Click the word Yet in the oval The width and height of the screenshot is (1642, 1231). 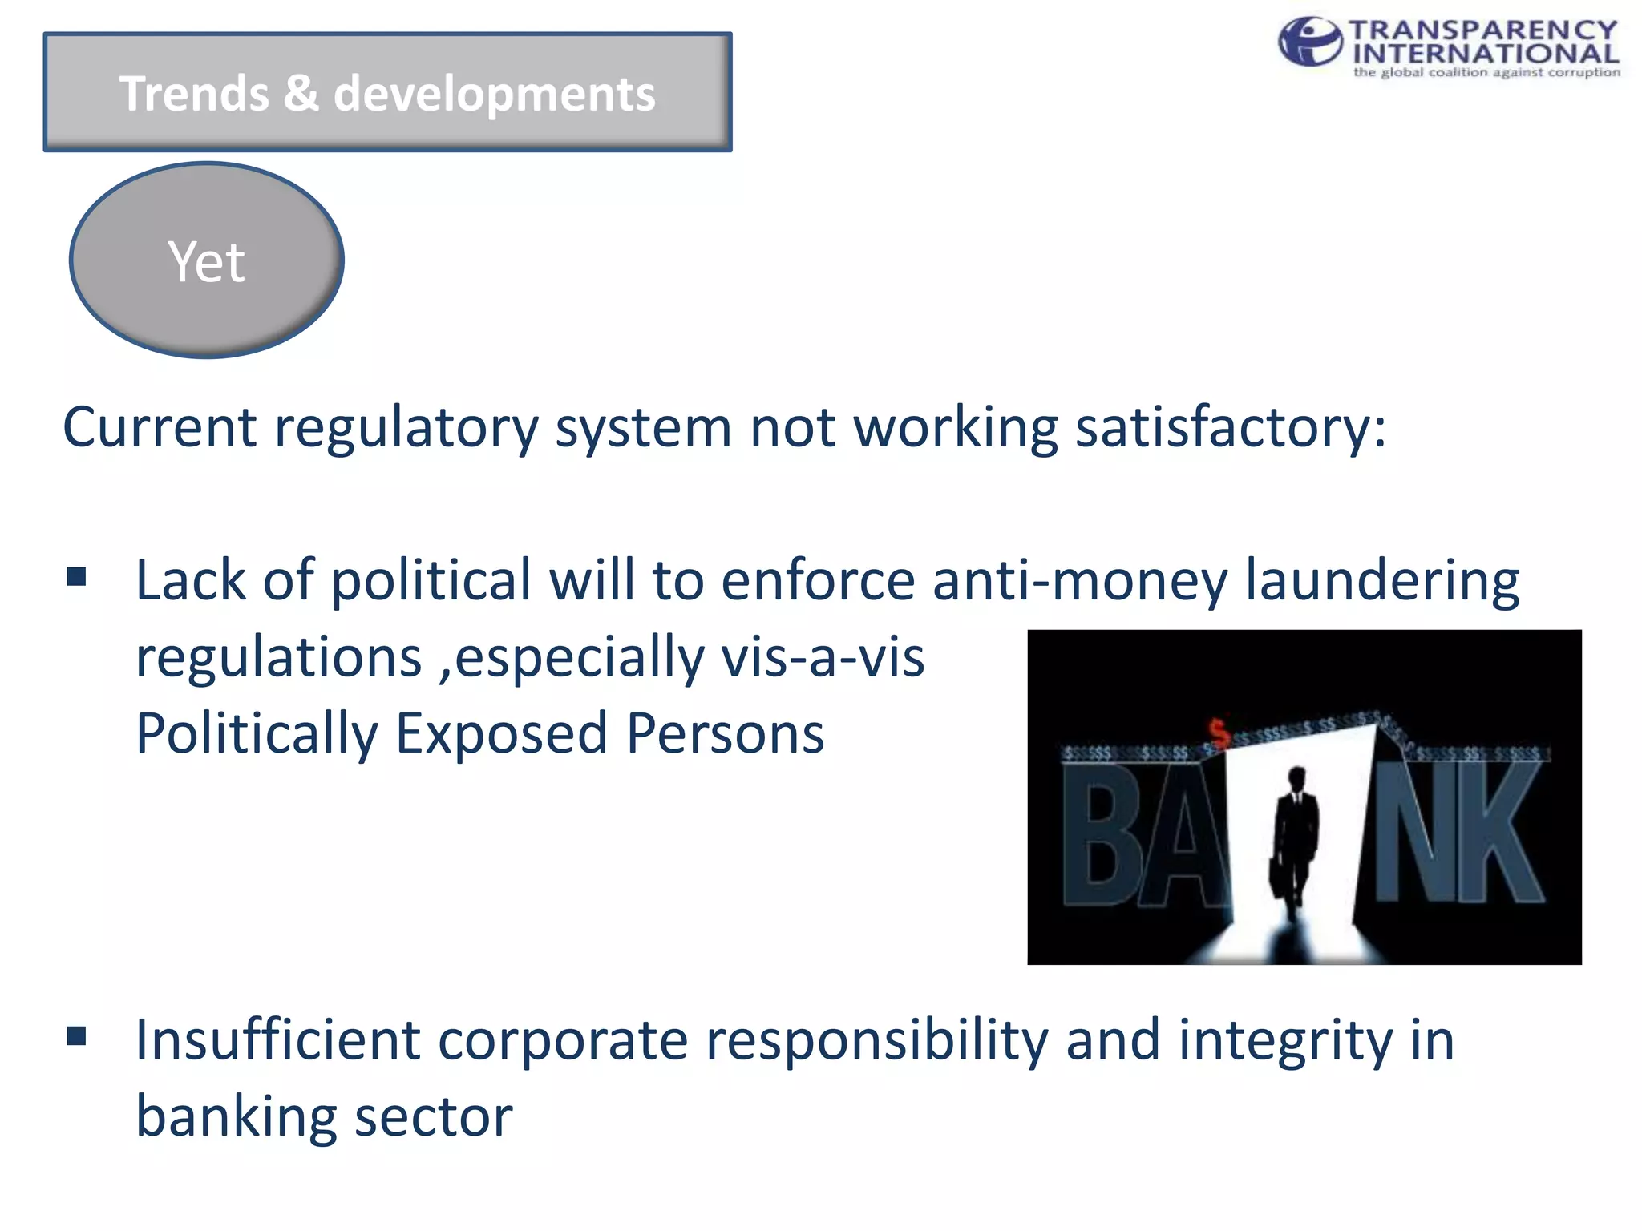[x=206, y=262]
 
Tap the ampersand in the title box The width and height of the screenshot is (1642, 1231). [x=301, y=93]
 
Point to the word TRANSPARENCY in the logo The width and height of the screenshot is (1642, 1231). [x=1483, y=30]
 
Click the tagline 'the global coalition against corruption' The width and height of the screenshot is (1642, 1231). [x=1486, y=72]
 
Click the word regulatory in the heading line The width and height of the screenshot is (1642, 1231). [x=406, y=427]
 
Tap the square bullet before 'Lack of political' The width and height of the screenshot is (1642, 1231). [x=77, y=576]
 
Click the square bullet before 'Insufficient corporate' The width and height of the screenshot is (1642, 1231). [x=77, y=1036]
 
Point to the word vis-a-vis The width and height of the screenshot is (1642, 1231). [x=823, y=657]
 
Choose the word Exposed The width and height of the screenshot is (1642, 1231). [x=501, y=734]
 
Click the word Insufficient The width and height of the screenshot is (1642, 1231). [x=277, y=1040]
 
